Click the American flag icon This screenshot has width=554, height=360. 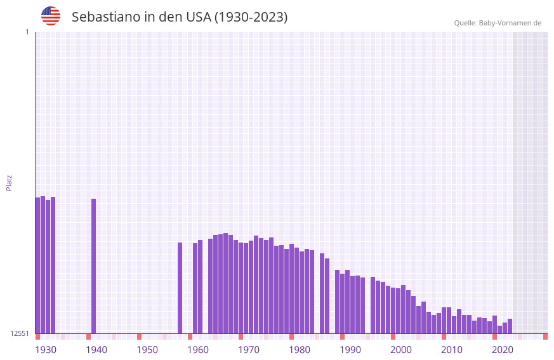point(51,16)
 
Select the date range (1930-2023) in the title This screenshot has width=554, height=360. point(251,17)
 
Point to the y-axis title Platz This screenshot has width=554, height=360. point(9,182)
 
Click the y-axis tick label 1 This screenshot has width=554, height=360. point(27,32)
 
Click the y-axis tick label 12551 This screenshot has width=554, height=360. point(20,333)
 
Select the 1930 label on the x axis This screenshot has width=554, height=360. point(46,350)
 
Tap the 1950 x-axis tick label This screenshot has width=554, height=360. point(147,350)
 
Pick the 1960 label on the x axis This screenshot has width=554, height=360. point(198,350)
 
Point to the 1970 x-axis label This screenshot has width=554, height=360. point(249,350)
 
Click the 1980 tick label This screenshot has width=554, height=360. point(300,350)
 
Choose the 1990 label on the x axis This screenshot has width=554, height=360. point(350,350)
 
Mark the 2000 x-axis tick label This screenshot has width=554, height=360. point(401,350)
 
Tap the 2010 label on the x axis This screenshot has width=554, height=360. point(452,350)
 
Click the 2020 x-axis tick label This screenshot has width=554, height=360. point(503,350)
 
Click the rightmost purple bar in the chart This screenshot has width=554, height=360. point(510,326)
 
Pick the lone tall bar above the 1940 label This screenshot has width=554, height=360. point(93,266)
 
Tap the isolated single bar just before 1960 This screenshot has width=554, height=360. point(180,288)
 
